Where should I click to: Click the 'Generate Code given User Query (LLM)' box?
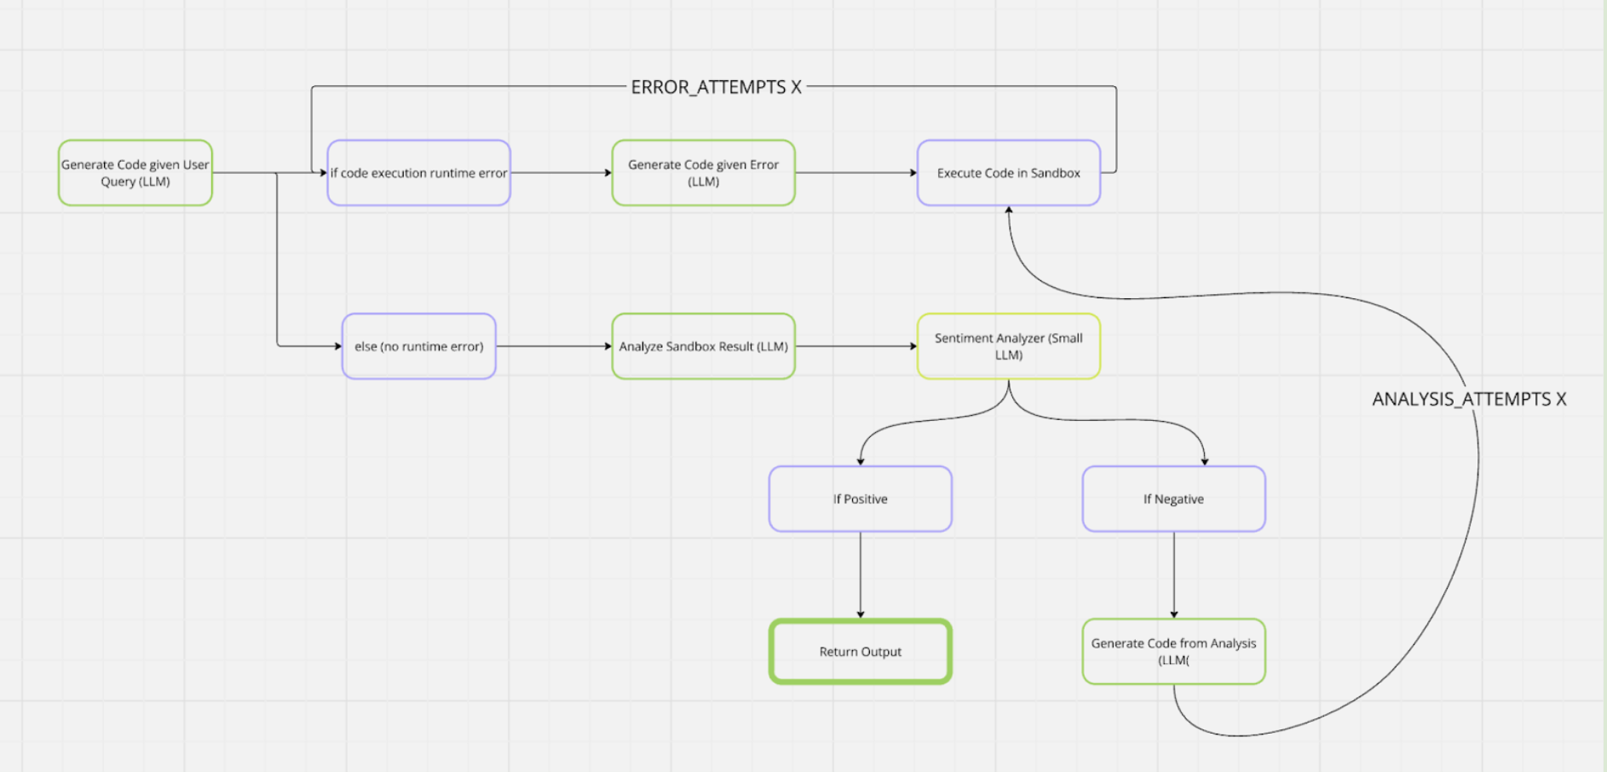(x=135, y=173)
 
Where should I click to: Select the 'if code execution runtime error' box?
(x=418, y=173)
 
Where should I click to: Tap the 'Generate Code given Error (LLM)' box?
(x=703, y=173)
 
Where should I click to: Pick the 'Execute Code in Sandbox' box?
(x=1008, y=173)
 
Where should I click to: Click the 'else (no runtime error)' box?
(x=418, y=346)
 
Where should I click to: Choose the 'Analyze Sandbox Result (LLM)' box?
(x=703, y=346)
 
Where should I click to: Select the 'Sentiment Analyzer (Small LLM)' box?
(x=1008, y=346)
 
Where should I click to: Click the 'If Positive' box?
(x=860, y=499)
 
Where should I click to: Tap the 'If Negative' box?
(x=1173, y=499)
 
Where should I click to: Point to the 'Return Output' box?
(x=860, y=652)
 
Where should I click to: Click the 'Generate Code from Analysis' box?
(x=1173, y=652)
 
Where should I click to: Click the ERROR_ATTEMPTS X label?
(x=716, y=87)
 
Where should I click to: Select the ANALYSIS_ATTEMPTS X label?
(x=1469, y=399)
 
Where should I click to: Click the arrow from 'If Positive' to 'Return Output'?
(x=861, y=575)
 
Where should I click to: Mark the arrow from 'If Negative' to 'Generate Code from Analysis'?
(x=1174, y=575)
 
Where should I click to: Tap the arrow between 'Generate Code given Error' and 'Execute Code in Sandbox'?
(x=855, y=173)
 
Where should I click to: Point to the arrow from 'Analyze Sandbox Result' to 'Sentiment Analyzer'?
(x=855, y=346)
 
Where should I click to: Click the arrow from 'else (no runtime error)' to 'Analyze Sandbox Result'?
(x=554, y=346)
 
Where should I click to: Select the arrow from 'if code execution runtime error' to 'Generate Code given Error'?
(x=561, y=173)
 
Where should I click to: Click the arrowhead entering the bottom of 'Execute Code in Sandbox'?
(x=1009, y=210)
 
